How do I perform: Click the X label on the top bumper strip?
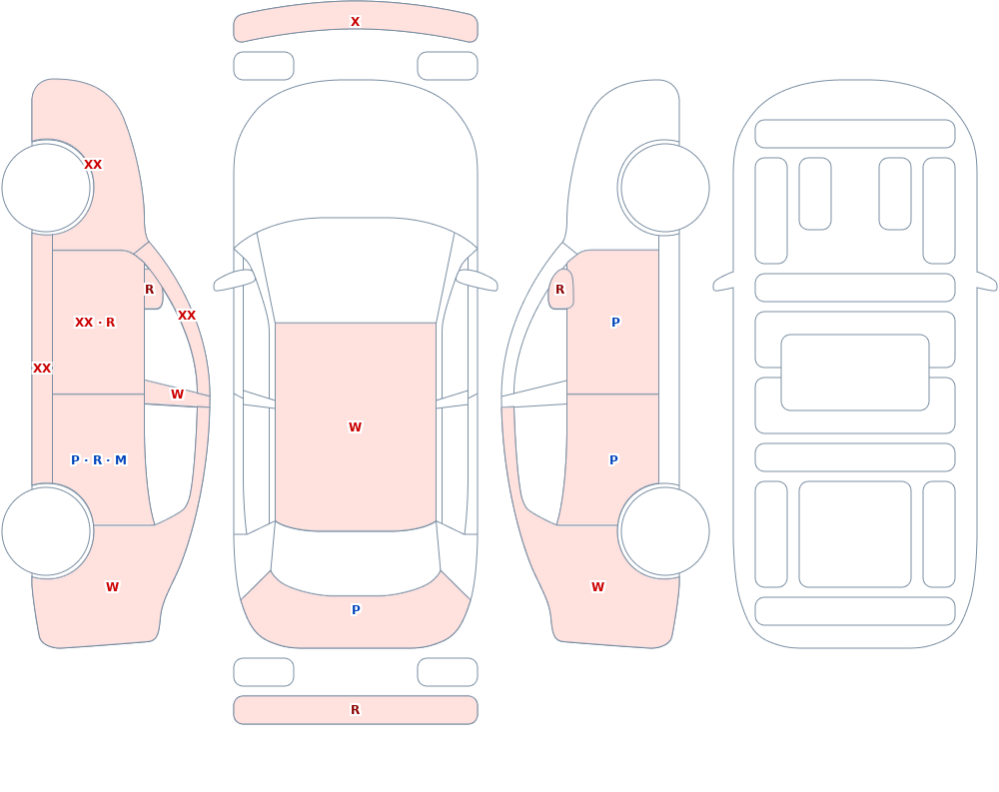(x=355, y=22)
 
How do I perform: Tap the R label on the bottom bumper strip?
(x=355, y=710)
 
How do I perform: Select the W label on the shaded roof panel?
(x=355, y=426)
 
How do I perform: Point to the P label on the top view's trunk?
(x=356, y=610)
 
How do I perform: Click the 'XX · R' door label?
(x=95, y=323)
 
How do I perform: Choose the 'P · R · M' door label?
(x=99, y=460)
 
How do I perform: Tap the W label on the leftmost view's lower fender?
(x=112, y=587)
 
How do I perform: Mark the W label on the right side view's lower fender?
(x=597, y=587)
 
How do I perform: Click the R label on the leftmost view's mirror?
(x=149, y=290)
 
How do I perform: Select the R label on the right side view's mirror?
(x=560, y=290)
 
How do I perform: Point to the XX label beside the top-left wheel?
(x=93, y=165)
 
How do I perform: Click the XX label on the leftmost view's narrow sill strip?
(x=42, y=369)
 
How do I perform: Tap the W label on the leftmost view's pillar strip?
(x=177, y=395)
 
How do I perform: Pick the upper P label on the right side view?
(x=615, y=323)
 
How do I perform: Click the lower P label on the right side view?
(x=613, y=460)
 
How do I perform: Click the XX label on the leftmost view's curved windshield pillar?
(x=187, y=316)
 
